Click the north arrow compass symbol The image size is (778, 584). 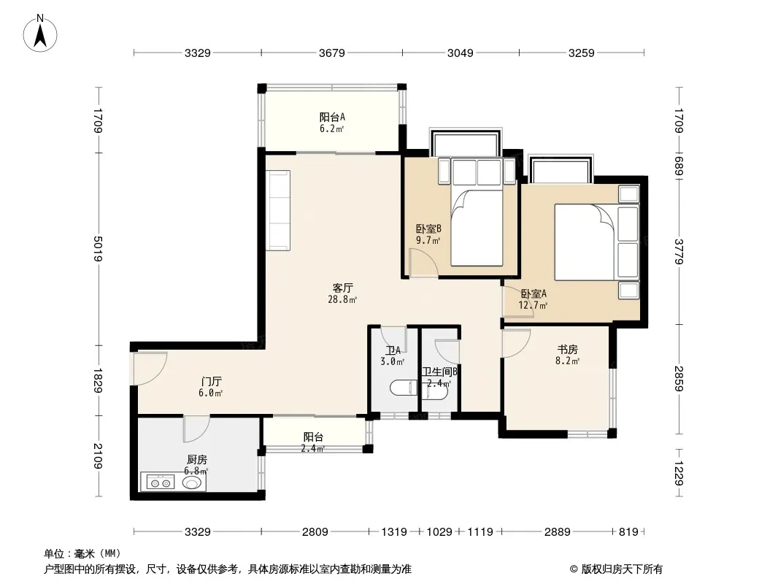[x=40, y=34]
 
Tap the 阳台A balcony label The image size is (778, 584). [x=332, y=117]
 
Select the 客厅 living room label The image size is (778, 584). [x=342, y=288]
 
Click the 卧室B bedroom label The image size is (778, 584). [x=428, y=228]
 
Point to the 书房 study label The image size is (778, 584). [x=567, y=350]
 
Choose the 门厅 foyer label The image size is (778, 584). [x=211, y=382]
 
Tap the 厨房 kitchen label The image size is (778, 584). [x=196, y=460]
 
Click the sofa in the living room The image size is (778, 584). [x=278, y=210]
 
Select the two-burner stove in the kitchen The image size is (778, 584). [x=158, y=483]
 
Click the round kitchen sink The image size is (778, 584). [x=192, y=483]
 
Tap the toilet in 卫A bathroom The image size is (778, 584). [x=404, y=388]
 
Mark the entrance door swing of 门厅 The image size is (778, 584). [x=150, y=369]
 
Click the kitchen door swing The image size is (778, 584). [x=196, y=429]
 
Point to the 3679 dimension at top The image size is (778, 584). [x=331, y=53]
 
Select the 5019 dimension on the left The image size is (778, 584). [x=98, y=249]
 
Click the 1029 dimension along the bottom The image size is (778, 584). [x=439, y=532]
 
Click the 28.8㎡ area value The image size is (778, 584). [x=342, y=300]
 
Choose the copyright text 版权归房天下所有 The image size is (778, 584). [x=622, y=569]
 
